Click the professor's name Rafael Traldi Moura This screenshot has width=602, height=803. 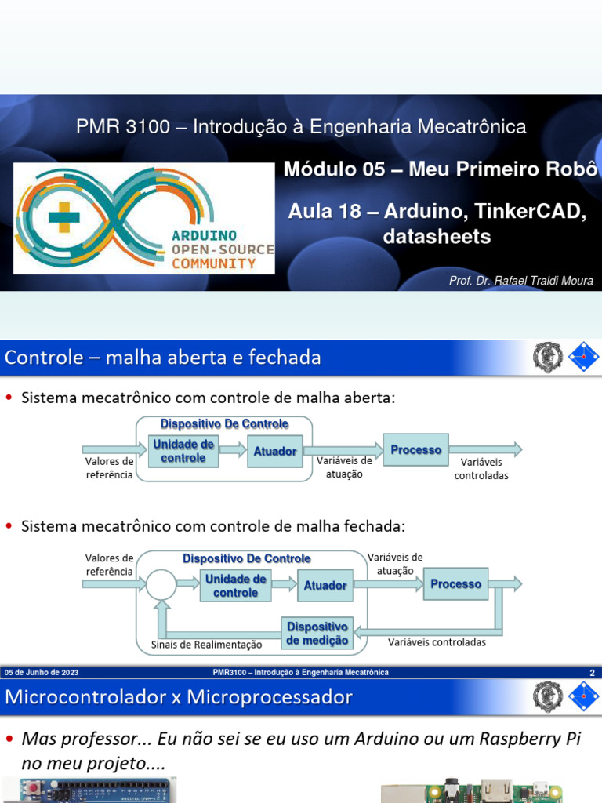click(x=520, y=281)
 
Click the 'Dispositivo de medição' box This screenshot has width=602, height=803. click(x=317, y=634)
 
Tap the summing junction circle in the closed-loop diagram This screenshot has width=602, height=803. click(x=161, y=584)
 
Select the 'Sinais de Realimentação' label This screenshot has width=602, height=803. click(x=206, y=645)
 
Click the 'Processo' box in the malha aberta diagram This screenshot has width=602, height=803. click(x=415, y=450)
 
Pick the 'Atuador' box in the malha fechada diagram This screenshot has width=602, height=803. click(x=325, y=585)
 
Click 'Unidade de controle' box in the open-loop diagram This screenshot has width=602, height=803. click(x=183, y=451)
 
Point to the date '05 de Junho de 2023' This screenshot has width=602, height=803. click(x=42, y=673)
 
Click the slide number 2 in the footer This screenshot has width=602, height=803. click(x=592, y=673)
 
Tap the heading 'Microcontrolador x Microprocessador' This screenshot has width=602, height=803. click(x=179, y=697)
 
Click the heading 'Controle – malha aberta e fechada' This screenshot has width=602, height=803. click(x=163, y=358)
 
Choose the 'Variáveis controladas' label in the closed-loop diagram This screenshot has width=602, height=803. click(x=437, y=642)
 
